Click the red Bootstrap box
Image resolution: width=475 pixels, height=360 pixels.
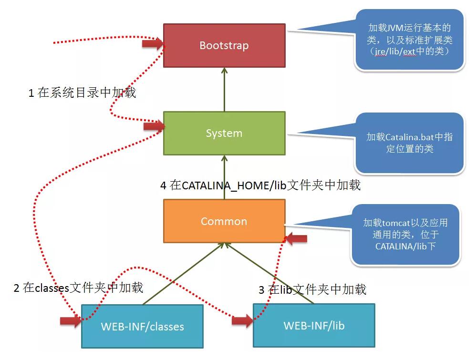[224, 45]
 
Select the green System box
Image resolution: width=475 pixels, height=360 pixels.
[224, 133]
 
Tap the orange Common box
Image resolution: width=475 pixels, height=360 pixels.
[224, 221]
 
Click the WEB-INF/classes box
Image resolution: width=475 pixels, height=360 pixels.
[142, 326]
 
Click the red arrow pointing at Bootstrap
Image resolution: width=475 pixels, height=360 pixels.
[152, 44]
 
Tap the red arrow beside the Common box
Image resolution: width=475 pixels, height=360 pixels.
[296, 239]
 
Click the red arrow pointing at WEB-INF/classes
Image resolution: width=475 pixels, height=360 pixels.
[71, 320]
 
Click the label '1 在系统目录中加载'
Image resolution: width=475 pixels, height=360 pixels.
[82, 93]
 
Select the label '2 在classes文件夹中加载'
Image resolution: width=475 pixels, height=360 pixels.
[78, 288]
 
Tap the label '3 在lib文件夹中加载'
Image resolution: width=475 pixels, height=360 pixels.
[312, 289]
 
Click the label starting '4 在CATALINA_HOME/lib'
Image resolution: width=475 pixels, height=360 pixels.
[260, 185]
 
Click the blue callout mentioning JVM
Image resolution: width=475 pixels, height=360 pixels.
[409, 40]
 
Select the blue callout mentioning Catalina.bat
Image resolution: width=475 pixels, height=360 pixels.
[409, 143]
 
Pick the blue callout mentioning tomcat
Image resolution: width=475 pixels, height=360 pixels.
[405, 235]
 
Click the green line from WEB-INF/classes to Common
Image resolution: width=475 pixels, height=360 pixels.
[184, 274]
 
